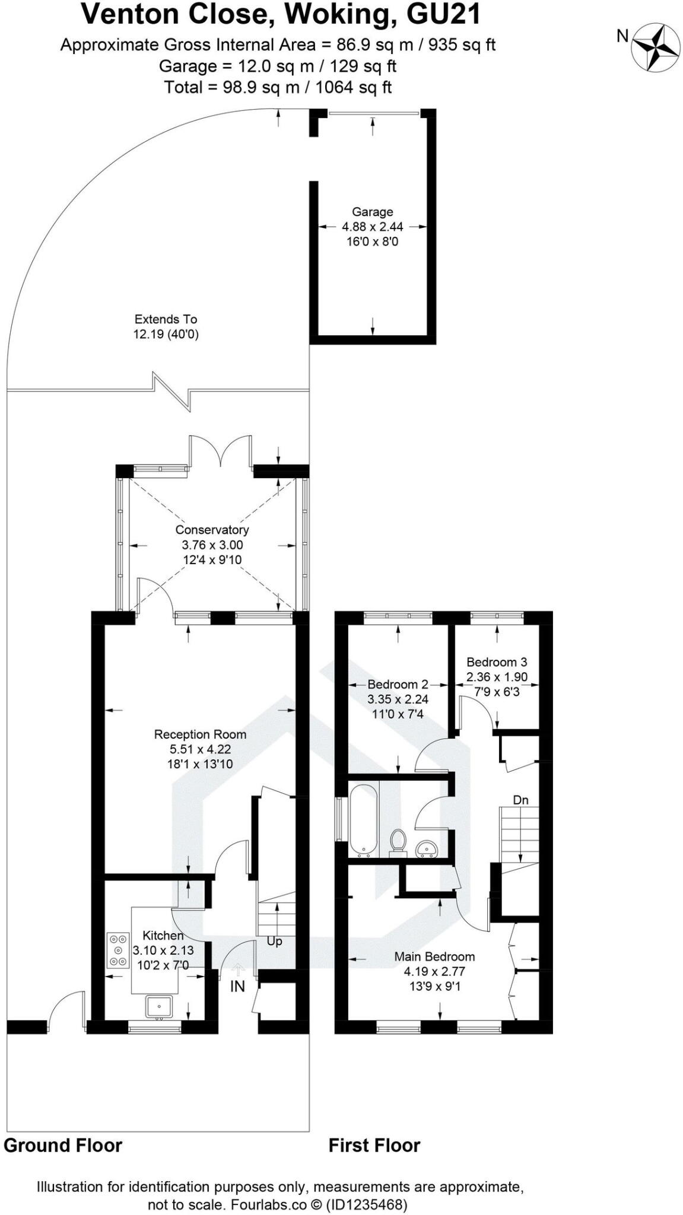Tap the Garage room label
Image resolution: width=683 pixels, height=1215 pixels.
[x=372, y=212]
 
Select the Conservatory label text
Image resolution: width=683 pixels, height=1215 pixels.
[x=212, y=530]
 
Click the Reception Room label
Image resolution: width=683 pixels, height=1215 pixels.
[x=200, y=734]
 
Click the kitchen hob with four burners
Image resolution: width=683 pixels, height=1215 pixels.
[x=118, y=950]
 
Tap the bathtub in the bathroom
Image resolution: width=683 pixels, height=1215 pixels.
[x=364, y=820]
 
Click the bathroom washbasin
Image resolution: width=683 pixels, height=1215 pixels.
[x=426, y=849]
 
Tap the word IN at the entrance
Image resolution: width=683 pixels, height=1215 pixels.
[x=237, y=986]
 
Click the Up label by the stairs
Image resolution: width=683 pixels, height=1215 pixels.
[x=274, y=941]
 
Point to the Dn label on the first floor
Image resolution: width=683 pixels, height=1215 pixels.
[x=520, y=800]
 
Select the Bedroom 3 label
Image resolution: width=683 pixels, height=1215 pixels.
[x=497, y=662]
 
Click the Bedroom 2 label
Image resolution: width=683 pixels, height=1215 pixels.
[x=397, y=684]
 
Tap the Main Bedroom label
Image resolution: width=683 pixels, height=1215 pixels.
[x=434, y=956]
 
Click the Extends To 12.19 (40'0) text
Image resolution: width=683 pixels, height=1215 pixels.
[x=166, y=327]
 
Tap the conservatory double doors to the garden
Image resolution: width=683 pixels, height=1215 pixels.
[x=220, y=454]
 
